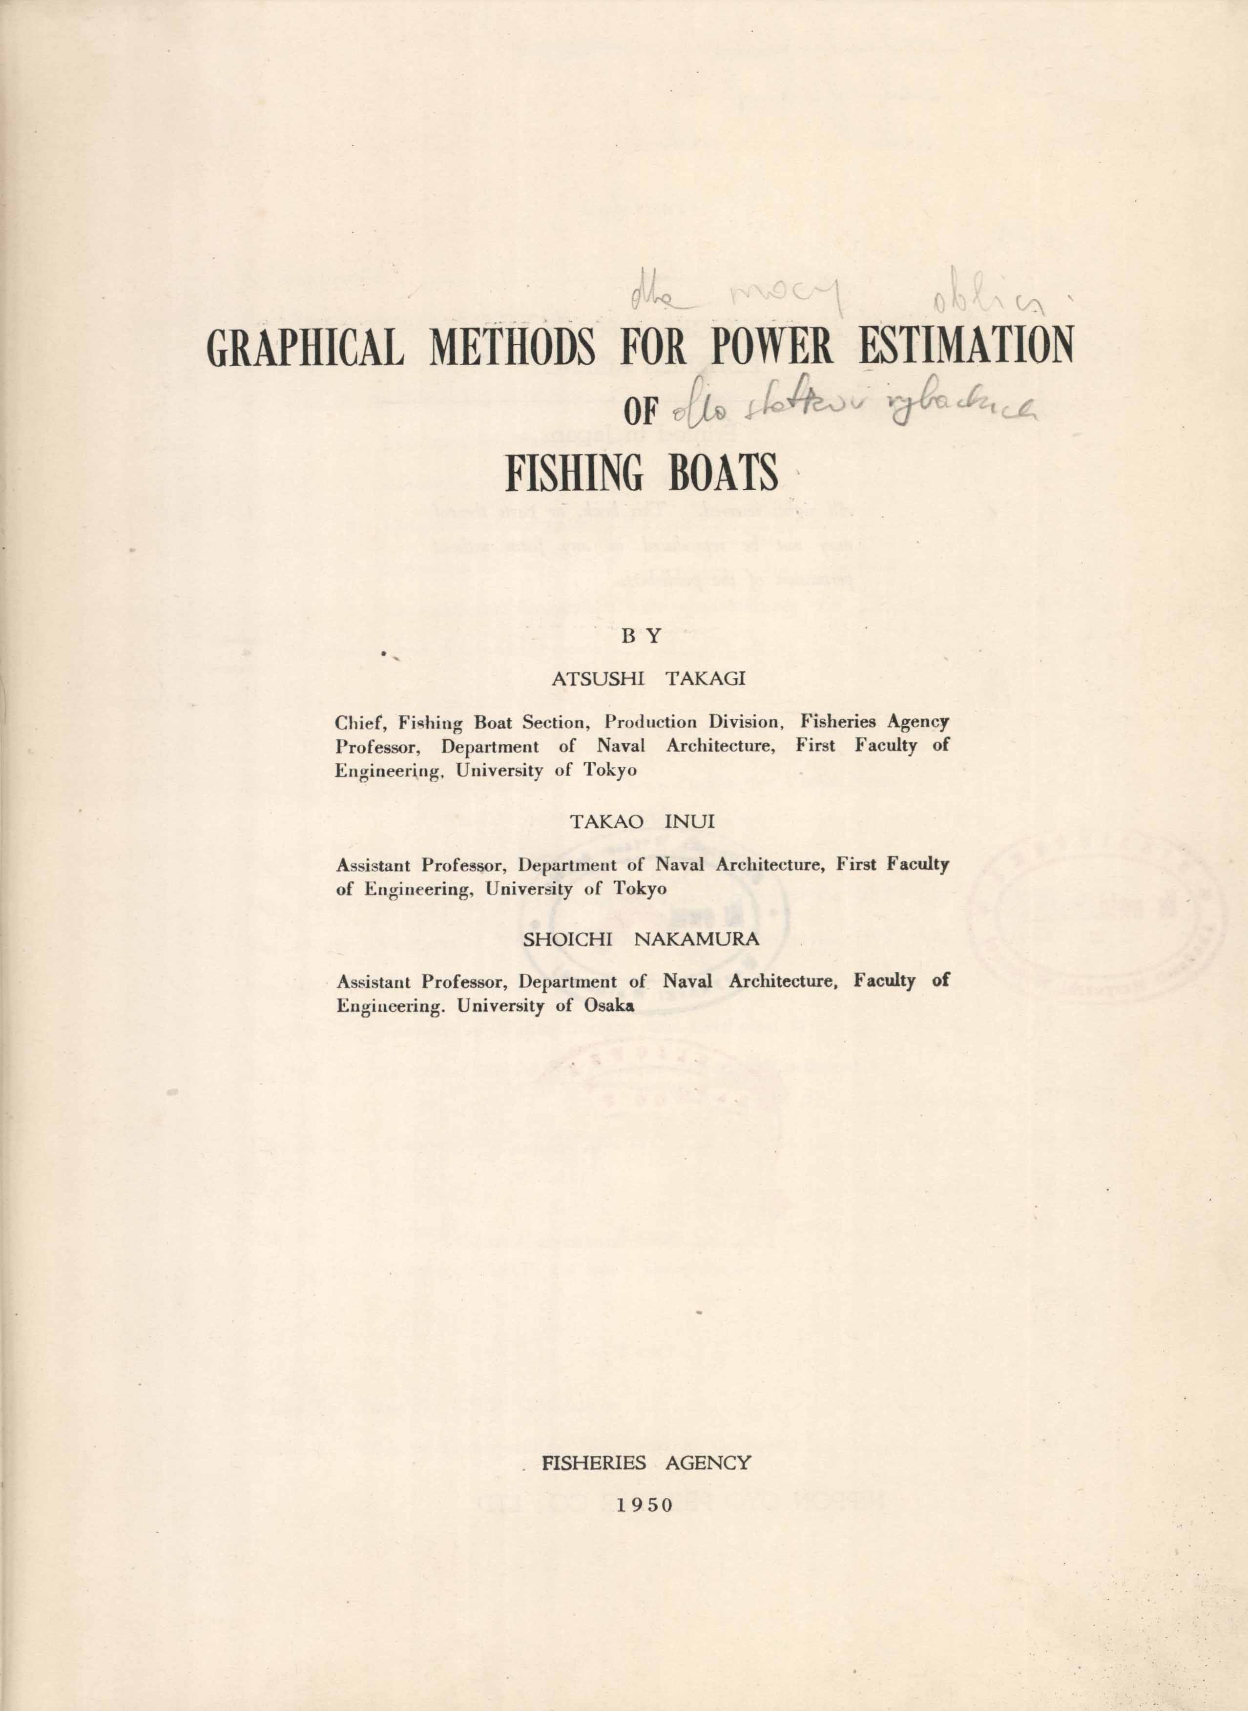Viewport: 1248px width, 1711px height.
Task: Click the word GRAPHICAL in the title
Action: click(305, 350)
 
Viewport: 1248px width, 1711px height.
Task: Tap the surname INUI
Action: click(688, 822)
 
